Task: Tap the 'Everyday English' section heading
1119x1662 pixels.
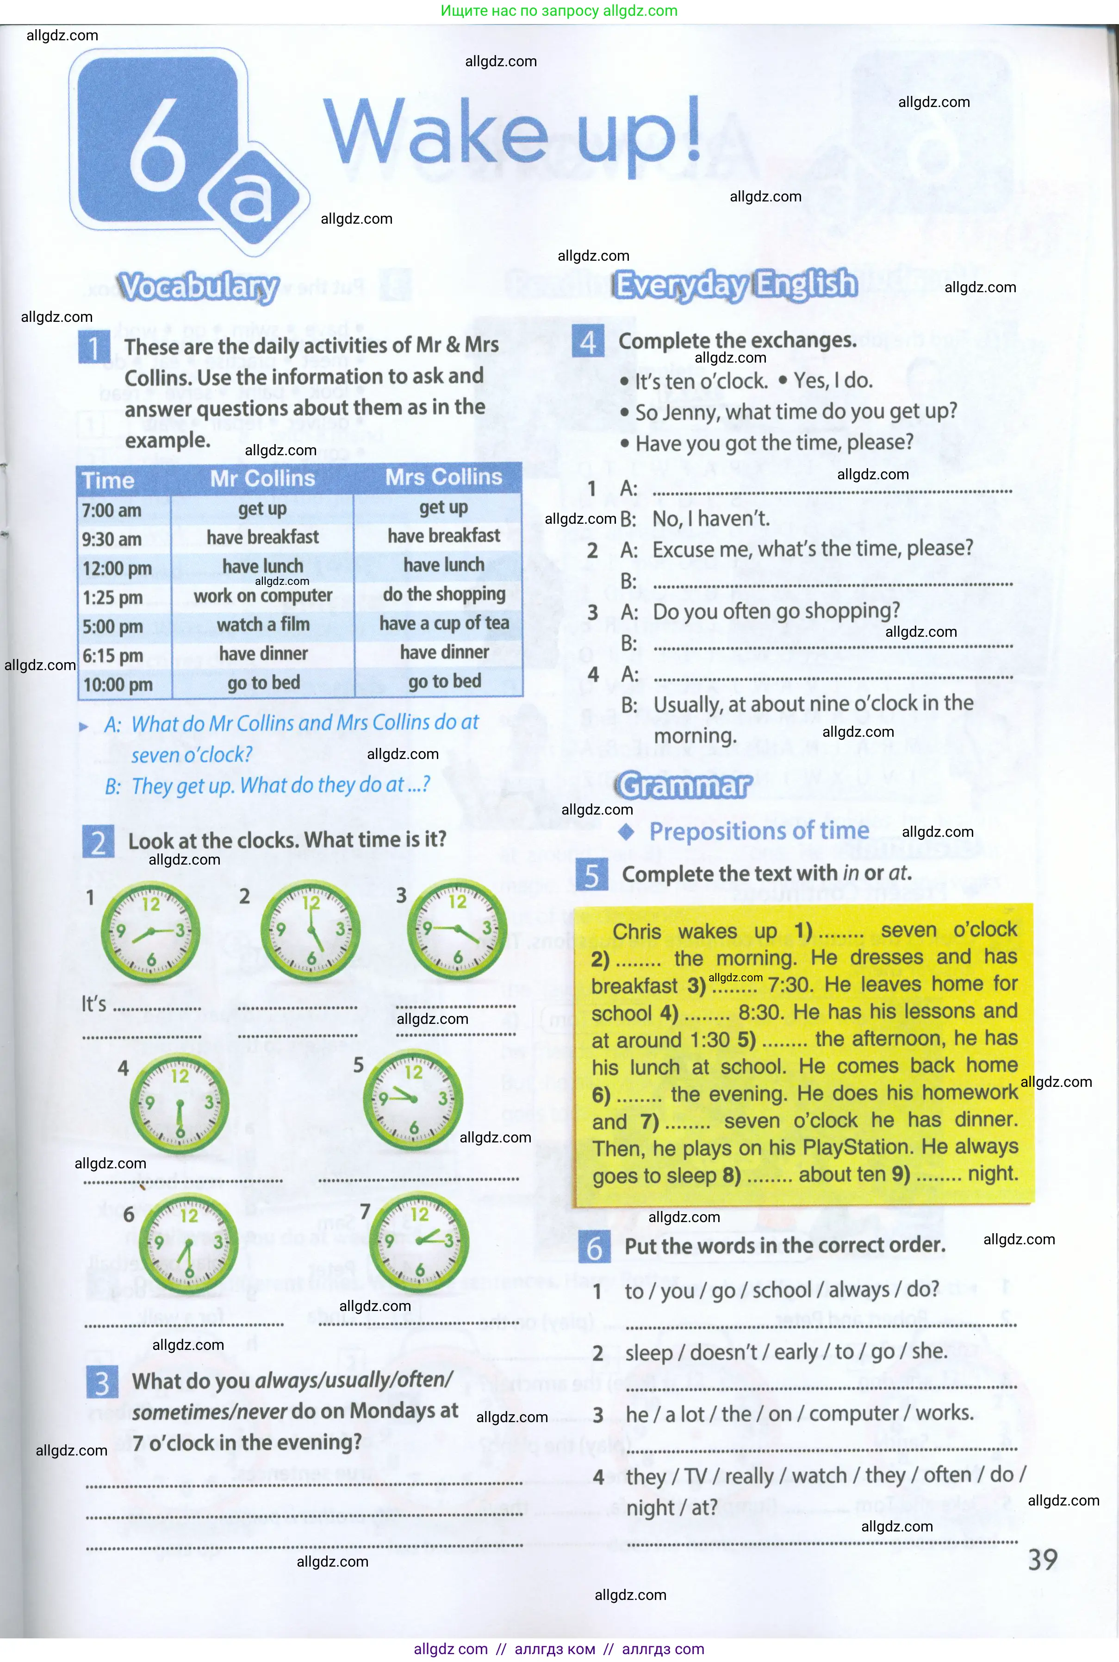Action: point(736,284)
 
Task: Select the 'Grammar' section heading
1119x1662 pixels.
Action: point(684,785)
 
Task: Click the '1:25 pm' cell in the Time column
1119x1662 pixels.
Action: point(113,597)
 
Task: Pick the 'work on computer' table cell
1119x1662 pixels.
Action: point(262,596)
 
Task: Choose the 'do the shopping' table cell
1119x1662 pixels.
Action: point(444,594)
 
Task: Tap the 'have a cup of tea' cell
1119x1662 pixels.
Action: point(444,623)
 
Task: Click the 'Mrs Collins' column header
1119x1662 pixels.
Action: point(443,477)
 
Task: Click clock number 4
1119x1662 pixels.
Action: point(179,1103)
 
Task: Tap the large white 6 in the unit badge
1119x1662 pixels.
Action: point(158,143)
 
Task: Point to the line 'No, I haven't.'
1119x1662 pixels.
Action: point(711,519)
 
